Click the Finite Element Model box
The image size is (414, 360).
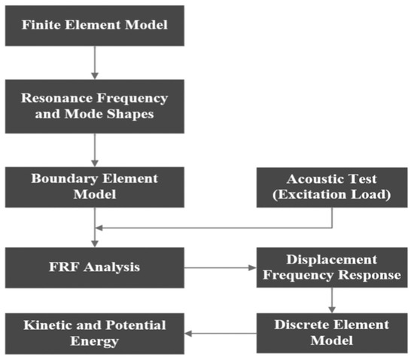[95, 25]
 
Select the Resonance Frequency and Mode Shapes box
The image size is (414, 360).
[95, 107]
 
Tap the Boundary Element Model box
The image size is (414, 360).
[95, 187]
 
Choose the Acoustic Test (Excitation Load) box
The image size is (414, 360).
[332, 187]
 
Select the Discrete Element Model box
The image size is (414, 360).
[332, 333]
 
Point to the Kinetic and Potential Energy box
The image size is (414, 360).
[95, 333]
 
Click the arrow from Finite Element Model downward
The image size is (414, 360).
[95, 64]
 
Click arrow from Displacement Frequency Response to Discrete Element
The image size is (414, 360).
[332, 300]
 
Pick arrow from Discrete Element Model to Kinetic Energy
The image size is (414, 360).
[221, 333]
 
